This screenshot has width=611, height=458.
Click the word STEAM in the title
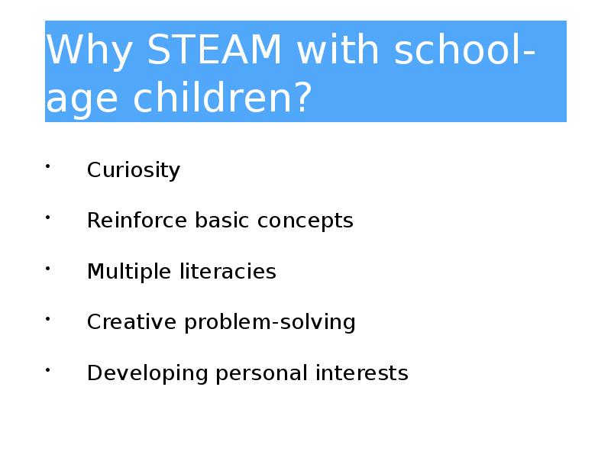(x=215, y=50)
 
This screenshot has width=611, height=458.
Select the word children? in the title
(x=222, y=98)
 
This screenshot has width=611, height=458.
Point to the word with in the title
(x=338, y=49)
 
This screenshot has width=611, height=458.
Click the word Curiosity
(x=134, y=170)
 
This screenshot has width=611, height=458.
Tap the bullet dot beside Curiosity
(x=47, y=166)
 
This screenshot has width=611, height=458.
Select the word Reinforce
(x=137, y=220)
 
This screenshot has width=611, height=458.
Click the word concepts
(x=305, y=221)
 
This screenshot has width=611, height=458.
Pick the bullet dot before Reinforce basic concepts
(x=47, y=218)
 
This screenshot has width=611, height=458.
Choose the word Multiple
(x=129, y=272)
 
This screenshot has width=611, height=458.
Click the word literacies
(x=228, y=271)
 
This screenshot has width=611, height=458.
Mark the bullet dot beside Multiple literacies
(x=47, y=268)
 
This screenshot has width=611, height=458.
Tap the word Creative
(x=131, y=321)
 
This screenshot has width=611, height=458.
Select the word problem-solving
(x=270, y=323)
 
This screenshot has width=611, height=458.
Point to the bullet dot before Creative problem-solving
(x=47, y=318)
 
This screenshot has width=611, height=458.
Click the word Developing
(x=147, y=373)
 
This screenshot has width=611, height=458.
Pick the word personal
(x=261, y=373)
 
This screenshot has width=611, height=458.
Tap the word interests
(x=362, y=373)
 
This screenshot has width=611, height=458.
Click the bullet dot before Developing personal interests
(x=47, y=369)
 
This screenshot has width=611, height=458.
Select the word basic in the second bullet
(x=222, y=220)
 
